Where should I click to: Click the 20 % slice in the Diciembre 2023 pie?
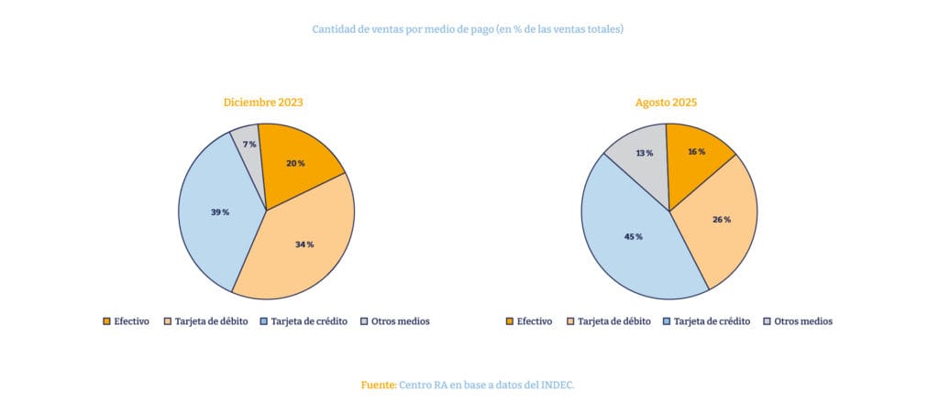pyautogui.click(x=295, y=163)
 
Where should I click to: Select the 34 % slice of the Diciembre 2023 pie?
pyautogui.click(x=304, y=244)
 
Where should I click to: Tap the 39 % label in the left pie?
pyautogui.click(x=219, y=212)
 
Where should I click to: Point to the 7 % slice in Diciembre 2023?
pyautogui.click(x=249, y=145)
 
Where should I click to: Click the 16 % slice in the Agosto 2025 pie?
pyautogui.click(x=696, y=152)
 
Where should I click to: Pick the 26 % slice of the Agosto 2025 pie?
pyautogui.click(x=721, y=220)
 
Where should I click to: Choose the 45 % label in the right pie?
pyautogui.click(x=633, y=236)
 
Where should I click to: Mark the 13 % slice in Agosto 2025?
pyautogui.click(x=644, y=154)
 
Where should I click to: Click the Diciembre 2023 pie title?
pyautogui.click(x=263, y=103)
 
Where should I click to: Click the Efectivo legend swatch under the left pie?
pyautogui.click(x=106, y=321)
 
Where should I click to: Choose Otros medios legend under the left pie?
pyautogui.click(x=401, y=321)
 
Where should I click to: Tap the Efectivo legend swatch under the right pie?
pyautogui.click(x=510, y=321)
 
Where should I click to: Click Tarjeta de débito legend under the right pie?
pyautogui.click(x=614, y=321)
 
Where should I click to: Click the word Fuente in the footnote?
pyautogui.click(x=378, y=385)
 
